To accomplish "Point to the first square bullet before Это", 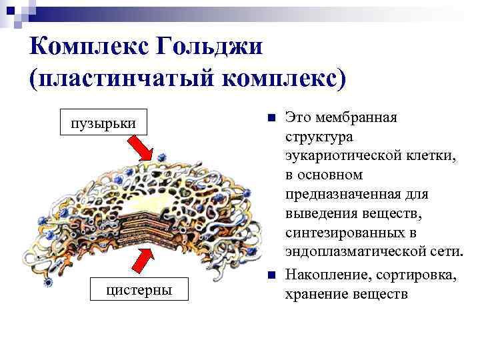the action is point(269,118).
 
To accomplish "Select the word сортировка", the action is point(416,275).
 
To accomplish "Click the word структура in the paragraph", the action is point(319,137).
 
